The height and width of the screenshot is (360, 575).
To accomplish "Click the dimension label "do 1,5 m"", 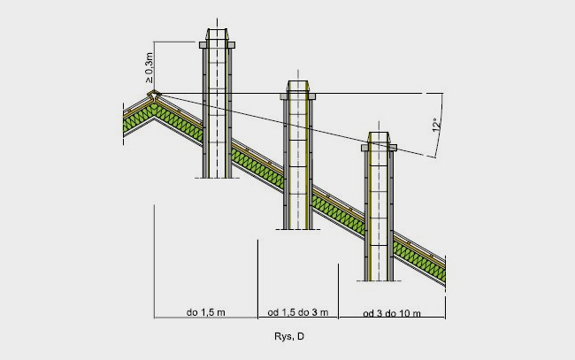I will (x=204, y=312).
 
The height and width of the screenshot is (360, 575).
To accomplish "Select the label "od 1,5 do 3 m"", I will (x=297, y=312).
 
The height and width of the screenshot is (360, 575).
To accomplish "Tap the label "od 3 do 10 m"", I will (x=392, y=313).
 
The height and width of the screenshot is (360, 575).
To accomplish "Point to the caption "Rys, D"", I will (x=289, y=337).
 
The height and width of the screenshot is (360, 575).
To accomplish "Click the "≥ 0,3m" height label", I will (x=148, y=66).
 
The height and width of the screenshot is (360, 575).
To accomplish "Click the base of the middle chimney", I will (x=299, y=226).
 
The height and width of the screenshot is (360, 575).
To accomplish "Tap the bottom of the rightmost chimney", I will (x=379, y=278).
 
